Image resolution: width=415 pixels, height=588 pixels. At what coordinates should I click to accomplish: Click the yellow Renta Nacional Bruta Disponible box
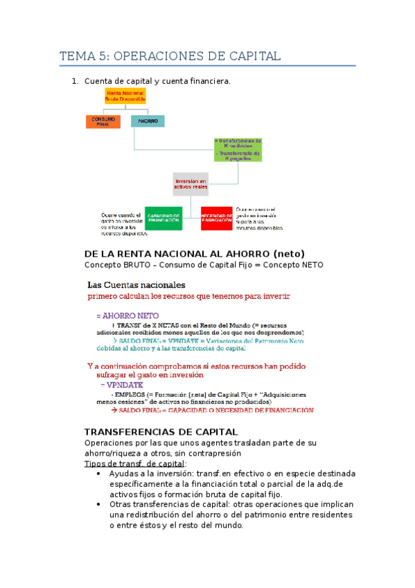(x=125, y=96)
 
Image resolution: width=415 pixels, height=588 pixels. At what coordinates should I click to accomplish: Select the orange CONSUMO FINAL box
(x=104, y=122)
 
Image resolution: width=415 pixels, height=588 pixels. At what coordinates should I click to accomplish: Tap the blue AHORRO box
(x=148, y=122)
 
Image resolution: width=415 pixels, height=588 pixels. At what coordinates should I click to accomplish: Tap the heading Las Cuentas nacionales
(x=136, y=285)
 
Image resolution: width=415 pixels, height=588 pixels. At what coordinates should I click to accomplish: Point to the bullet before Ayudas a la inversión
(x=100, y=474)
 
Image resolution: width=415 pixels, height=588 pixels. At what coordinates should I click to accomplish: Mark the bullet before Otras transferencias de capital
(x=100, y=505)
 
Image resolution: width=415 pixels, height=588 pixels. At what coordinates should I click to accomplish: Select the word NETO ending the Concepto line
(x=308, y=265)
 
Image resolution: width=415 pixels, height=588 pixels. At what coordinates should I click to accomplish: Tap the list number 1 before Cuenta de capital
(x=75, y=83)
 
